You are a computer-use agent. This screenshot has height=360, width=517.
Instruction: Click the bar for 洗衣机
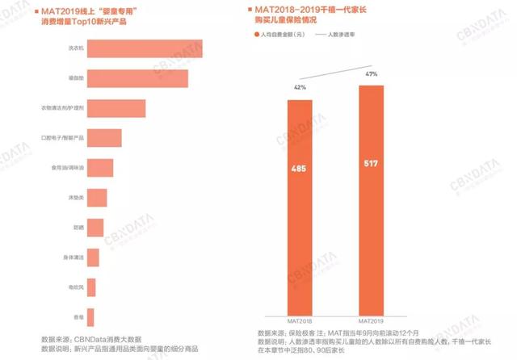coord(144,48)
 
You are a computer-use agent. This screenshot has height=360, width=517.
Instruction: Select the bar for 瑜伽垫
coord(137,78)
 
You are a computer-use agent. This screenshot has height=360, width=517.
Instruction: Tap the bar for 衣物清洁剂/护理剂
coord(116,108)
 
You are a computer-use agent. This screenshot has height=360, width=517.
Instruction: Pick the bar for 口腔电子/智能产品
coord(104,138)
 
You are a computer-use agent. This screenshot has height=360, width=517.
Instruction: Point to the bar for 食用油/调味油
coord(99,168)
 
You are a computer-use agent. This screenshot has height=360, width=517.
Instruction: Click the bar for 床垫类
coord(96,198)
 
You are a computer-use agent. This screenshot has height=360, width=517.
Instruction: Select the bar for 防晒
coord(95,228)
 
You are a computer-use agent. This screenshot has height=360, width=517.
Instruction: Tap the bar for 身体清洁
coord(92,257)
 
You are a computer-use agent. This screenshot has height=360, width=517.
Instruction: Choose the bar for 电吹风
coord(90,287)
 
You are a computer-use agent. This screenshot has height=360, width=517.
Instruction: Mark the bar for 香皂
coord(90,317)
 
